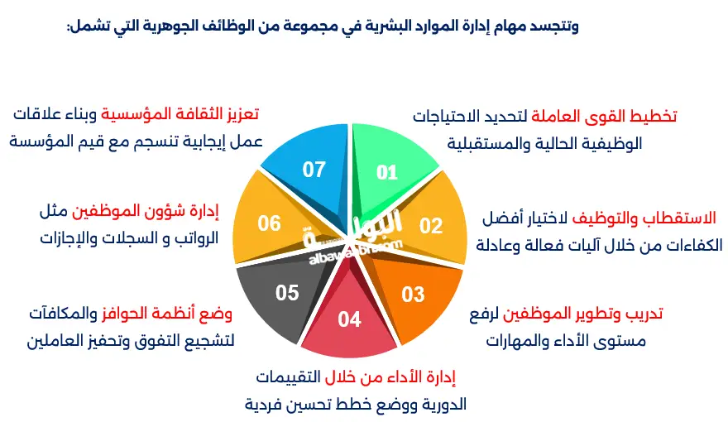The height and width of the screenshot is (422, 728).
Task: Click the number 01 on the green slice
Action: point(387,172)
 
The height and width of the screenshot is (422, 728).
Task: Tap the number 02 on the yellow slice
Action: point(431,225)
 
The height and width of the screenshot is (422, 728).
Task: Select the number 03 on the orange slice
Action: point(413,294)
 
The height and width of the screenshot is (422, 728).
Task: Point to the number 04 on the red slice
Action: point(350,319)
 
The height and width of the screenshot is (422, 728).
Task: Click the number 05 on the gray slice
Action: point(287,292)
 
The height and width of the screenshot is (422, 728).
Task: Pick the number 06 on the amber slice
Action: point(270,223)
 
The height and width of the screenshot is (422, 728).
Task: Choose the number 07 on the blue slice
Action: point(314,170)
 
